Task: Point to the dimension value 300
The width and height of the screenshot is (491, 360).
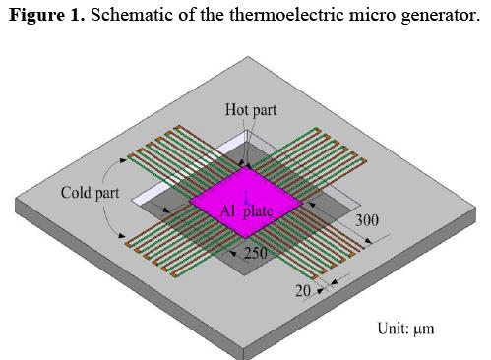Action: [367, 220]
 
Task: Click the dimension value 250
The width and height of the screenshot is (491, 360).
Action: [255, 253]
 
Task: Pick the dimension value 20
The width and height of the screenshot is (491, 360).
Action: [303, 290]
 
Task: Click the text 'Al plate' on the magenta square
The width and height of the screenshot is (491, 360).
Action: [245, 210]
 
